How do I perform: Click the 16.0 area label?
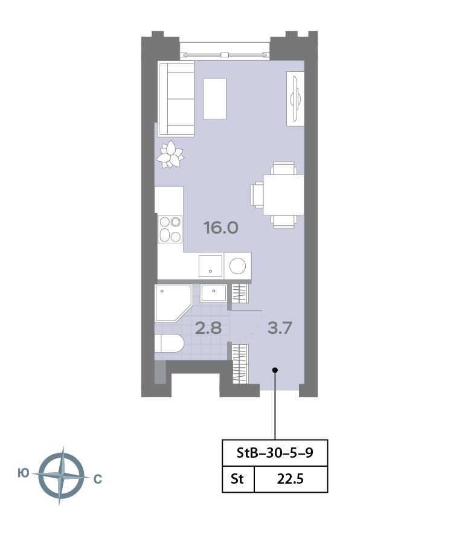221,228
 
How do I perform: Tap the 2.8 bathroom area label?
208,328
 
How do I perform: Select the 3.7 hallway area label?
280,328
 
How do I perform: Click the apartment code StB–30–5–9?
275,453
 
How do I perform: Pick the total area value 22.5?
290,479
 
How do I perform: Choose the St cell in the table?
237,479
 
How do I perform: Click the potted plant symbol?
170,155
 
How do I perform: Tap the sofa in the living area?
176,99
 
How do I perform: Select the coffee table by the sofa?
215,99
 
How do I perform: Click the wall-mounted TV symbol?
295,99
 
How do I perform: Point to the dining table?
284,195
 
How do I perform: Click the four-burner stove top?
170,229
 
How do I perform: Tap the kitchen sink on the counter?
210,266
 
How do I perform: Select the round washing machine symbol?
237,266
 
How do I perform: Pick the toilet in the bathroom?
169,343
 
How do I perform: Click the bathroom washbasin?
214,293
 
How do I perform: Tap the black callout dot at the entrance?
275,370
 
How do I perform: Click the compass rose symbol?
61,476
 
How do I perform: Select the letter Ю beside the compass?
23,473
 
